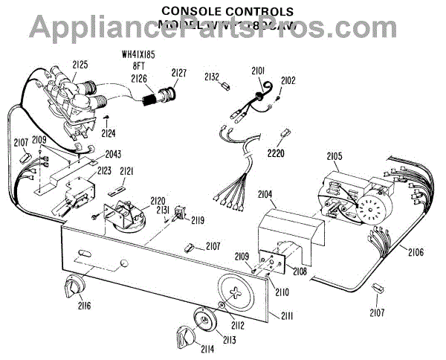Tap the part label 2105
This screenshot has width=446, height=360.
click(x=334, y=156)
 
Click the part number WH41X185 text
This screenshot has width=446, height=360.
click(x=140, y=54)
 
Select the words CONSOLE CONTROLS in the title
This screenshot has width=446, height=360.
click(x=227, y=11)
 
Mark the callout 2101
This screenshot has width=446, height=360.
click(x=258, y=71)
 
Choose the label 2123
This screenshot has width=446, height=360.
click(x=103, y=171)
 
